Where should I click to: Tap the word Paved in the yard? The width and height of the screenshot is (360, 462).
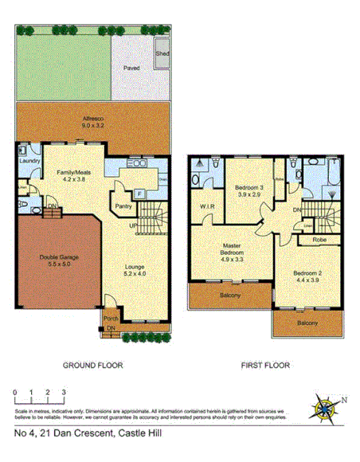131,69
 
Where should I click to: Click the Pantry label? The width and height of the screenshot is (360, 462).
124,206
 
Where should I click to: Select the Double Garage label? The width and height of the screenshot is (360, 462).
53,262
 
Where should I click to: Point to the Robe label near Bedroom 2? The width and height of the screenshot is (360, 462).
318,239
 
